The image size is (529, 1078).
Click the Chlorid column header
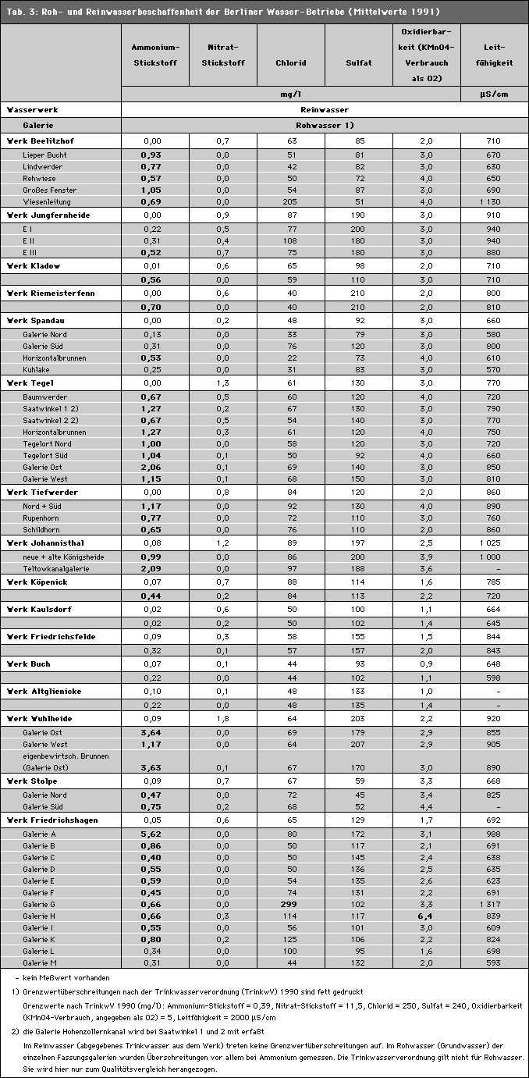coord(290,63)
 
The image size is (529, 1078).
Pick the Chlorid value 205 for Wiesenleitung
coord(291,201)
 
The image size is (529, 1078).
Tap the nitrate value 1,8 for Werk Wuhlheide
coord(223,717)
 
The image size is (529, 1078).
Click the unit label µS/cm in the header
coord(495,94)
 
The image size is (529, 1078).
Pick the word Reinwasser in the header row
coord(325,110)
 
